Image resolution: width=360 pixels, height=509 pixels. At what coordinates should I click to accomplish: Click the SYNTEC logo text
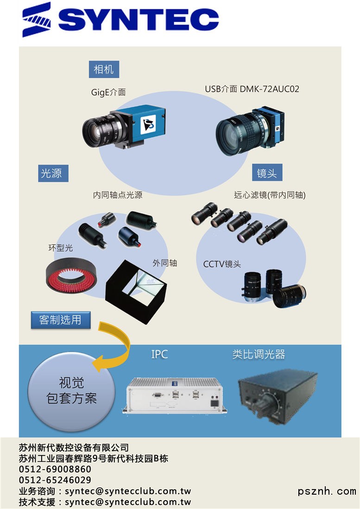coord(138,19)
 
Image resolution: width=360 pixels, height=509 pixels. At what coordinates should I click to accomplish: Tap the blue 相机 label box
coord(104,69)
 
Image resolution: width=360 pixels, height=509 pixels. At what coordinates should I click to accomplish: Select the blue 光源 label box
coord(53,173)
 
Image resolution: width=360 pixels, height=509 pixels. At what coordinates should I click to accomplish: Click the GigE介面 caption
coord(108,93)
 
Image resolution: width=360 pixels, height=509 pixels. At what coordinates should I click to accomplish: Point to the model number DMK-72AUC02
coord(270,89)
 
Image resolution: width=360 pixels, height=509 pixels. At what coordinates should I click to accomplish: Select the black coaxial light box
coord(136,291)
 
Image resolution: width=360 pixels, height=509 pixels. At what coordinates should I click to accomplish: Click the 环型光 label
coord(61,248)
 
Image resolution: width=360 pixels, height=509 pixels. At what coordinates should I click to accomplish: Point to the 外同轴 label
coord(165,263)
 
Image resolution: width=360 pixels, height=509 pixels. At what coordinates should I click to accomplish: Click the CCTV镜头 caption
coord(222,264)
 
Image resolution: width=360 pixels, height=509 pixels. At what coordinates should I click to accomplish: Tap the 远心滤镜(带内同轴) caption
coord(270,195)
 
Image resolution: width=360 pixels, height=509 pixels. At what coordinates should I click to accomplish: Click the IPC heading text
coord(159,354)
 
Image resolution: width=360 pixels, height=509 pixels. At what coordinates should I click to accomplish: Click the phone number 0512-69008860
coord(55,469)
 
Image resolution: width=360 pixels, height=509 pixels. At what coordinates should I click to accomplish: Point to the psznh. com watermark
coord(327,491)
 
